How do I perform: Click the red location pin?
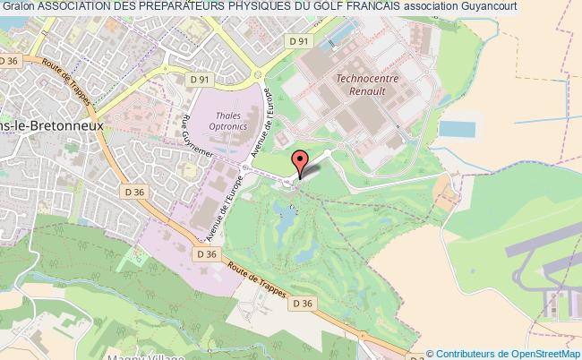point(301,161)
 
